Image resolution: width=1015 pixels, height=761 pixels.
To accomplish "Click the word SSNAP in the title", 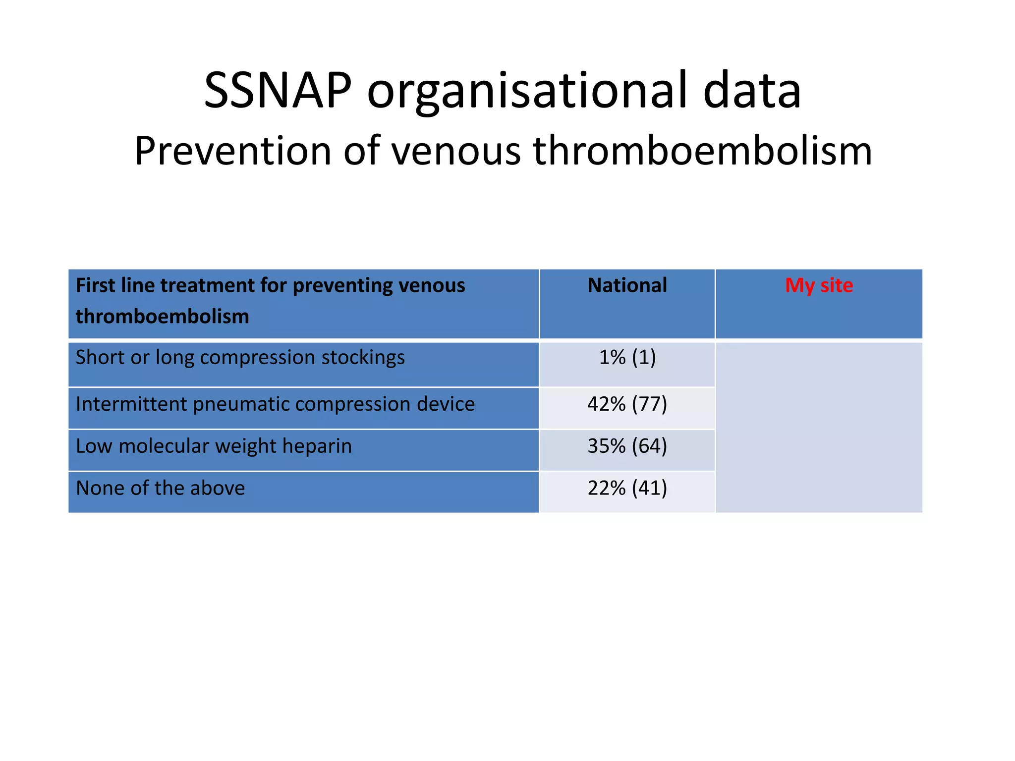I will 278,91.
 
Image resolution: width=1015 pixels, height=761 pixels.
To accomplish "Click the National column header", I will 627,286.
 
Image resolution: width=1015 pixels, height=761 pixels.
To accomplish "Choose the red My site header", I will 819,286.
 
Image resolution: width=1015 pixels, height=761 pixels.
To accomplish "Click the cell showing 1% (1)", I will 627,357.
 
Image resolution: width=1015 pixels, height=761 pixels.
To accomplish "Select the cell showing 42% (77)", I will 627,404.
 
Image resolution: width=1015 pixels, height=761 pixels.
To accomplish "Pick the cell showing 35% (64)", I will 627,446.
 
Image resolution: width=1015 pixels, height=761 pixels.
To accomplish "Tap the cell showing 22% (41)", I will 627,489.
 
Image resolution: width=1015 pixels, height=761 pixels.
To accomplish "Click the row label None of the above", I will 160,489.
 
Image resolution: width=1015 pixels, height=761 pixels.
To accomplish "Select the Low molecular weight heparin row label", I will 214,446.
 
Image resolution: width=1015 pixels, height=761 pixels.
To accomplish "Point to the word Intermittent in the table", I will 131,404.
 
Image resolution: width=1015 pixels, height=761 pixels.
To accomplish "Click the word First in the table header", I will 95,286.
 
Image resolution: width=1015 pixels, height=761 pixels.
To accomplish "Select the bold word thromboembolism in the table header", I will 162,317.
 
